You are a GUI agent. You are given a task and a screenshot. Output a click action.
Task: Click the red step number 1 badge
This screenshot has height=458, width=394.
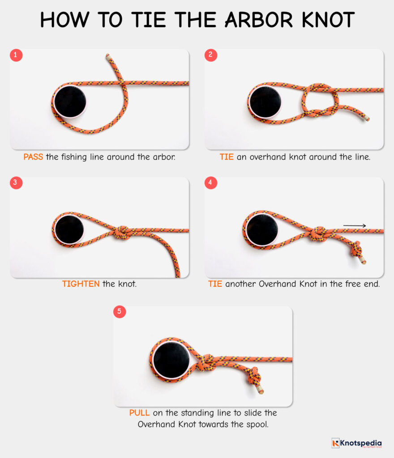pos(17,55)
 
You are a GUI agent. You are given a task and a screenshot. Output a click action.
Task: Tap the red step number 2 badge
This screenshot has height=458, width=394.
pos(211,55)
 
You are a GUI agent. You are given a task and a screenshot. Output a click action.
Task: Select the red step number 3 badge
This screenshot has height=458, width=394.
pos(17,183)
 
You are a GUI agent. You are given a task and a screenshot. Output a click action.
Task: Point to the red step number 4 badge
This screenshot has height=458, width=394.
pos(211,183)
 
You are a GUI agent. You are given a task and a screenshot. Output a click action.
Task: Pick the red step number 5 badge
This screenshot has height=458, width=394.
pos(120,312)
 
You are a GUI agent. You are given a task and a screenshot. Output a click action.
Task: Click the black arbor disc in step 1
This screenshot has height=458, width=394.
pos(70,102)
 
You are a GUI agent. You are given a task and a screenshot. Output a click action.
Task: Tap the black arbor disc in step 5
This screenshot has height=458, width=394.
pos(171,359)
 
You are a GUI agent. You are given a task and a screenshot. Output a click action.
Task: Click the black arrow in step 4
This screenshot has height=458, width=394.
pos(355,226)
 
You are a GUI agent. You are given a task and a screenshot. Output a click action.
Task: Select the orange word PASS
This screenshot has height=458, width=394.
pos(33,157)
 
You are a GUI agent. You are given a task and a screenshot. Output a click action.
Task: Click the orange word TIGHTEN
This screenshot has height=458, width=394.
pos(81,284)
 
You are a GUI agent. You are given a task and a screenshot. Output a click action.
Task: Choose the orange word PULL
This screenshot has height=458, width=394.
pos(140,413)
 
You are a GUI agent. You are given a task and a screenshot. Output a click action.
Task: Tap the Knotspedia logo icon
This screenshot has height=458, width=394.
pos(335,443)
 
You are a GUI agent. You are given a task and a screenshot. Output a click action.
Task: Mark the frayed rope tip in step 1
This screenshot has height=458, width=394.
pos(107,57)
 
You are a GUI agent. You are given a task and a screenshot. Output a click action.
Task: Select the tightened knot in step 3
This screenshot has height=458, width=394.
pos(121,232)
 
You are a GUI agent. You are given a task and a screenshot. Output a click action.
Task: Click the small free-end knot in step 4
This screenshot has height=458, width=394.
pos(357,248)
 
